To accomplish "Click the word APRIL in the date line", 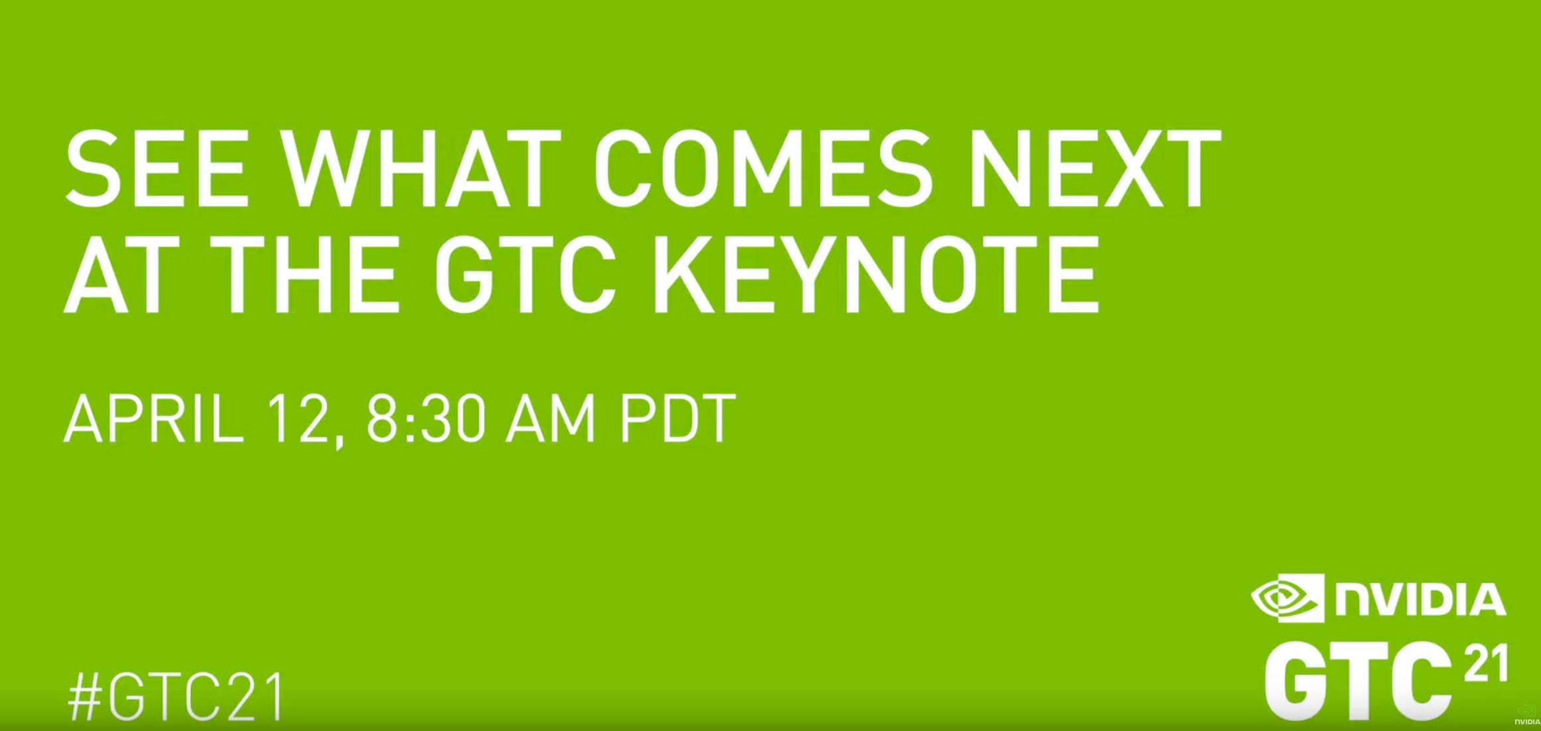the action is (154, 418).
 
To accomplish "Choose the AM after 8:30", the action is (550, 418).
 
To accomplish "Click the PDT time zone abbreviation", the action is (678, 418).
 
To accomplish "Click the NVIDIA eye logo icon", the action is (1287, 598).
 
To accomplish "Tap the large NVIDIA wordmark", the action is (1420, 599).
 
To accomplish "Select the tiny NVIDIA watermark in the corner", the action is (1526, 716).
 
